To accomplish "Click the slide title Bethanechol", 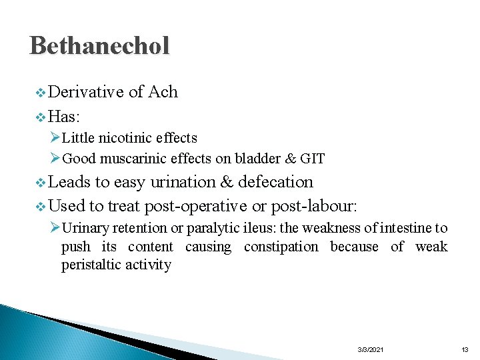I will coord(99,45).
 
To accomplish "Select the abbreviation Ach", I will coord(163,92).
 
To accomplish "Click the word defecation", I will coord(275,182).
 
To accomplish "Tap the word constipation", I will coord(281,247).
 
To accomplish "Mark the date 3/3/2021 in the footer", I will coord(371,349).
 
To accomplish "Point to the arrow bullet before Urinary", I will coord(55,228).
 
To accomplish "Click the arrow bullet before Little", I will coord(55,138).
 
